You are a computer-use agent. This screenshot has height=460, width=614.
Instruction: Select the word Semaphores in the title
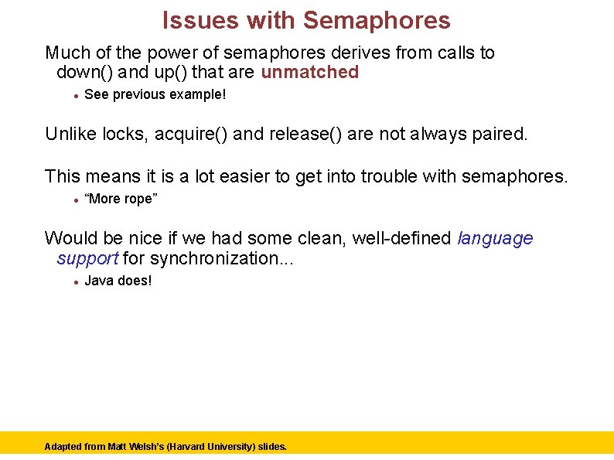point(377,20)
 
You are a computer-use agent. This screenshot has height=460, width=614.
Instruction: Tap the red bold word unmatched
point(310,73)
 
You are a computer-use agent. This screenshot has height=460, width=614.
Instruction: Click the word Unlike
point(70,135)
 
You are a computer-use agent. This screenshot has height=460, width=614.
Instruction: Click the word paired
point(498,135)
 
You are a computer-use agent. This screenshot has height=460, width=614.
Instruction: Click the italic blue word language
point(496,238)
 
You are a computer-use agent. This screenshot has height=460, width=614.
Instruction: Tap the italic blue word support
point(87,258)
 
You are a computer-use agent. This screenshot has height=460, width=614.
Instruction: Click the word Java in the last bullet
point(99,280)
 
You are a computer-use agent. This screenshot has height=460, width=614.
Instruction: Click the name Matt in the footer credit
point(119,447)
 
